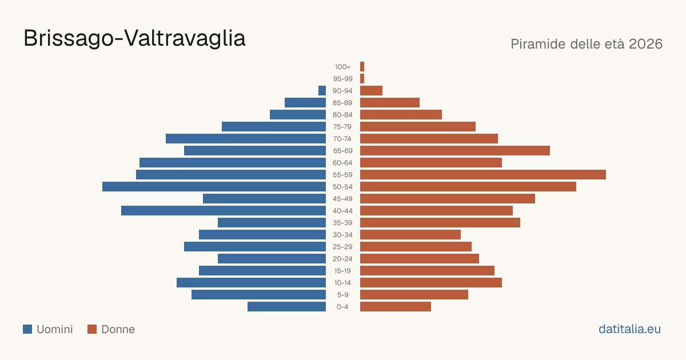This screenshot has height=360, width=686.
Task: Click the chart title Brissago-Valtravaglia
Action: (x=134, y=39)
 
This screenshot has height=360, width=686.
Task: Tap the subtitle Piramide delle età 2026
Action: (x=587, y=44)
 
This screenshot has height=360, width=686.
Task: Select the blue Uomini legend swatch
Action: (x=27, y=329)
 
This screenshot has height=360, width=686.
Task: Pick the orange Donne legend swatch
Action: (x=92, y=329)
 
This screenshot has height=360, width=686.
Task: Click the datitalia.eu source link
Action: (x=629, y=329)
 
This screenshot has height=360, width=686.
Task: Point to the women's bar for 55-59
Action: (x=483, y=174)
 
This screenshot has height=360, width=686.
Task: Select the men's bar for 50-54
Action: (x=214, y=187)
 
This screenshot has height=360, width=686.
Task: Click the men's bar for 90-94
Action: (x=322, y=91)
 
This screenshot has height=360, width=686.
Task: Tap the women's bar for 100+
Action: (x=362, y=67)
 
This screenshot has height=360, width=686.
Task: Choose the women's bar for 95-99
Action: (x=362, y=79)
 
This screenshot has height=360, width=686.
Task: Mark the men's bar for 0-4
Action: (x=286, y=307)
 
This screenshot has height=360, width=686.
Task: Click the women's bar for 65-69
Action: (x=455, y=151)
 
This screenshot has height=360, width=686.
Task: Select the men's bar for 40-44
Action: (x=224, y=211)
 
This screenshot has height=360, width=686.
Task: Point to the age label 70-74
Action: (x=342, y=139)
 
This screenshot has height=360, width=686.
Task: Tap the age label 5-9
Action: (x=342, y=295)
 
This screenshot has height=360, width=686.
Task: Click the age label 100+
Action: (x=342, y=67)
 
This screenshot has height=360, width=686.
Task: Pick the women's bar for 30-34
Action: (x=410, y=235)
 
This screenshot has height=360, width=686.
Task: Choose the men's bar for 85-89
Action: (x=305, y=102)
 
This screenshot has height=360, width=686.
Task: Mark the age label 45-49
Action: (x=342, y=199)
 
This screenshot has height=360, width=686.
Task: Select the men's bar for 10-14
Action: (x=251, y=282)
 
